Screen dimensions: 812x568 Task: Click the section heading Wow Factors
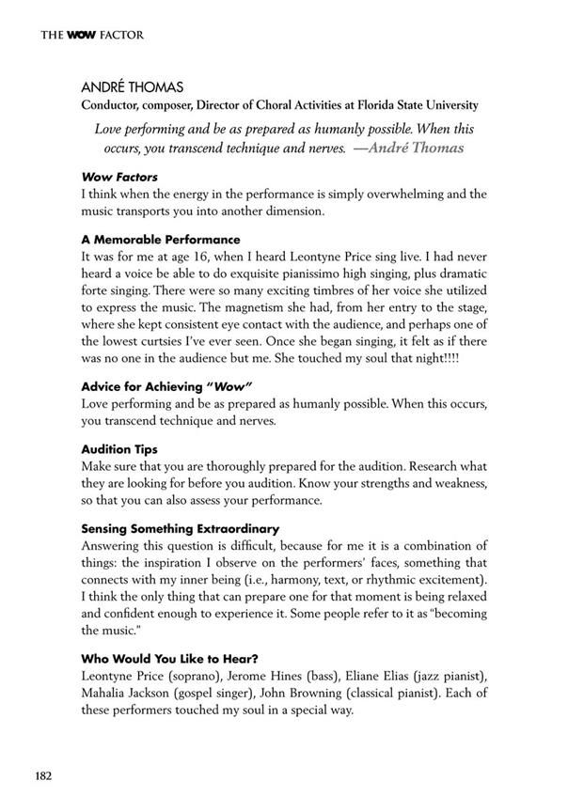tap(119, 177)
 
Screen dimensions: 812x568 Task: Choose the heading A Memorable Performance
tap(161, 240)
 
